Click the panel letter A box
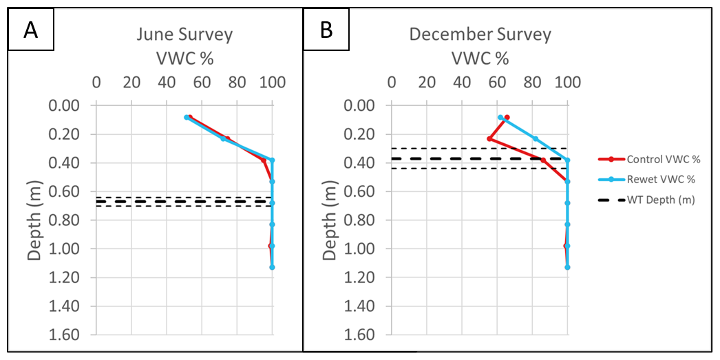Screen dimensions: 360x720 [x=30, y=30]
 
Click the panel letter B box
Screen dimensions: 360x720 [x=326, y=30]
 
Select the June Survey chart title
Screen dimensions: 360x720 [x=184, y=34]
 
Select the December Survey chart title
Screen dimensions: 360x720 [x=480, y=34]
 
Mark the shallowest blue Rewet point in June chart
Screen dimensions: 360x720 [x=187, y=118]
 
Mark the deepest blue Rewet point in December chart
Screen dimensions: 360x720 [x=567, y=267]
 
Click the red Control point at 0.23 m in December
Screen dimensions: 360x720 [x=489, y=139]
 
